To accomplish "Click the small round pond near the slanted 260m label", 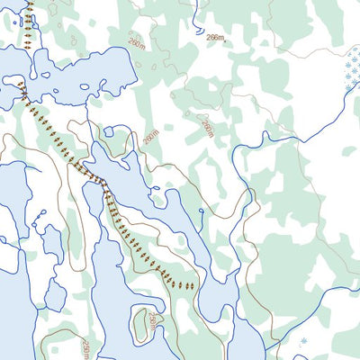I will [x=109, y=131].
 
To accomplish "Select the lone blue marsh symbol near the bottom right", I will [x=302, y=342].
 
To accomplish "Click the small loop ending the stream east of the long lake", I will [x=200, y=212].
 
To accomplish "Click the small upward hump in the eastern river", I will [x=265, y=136].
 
